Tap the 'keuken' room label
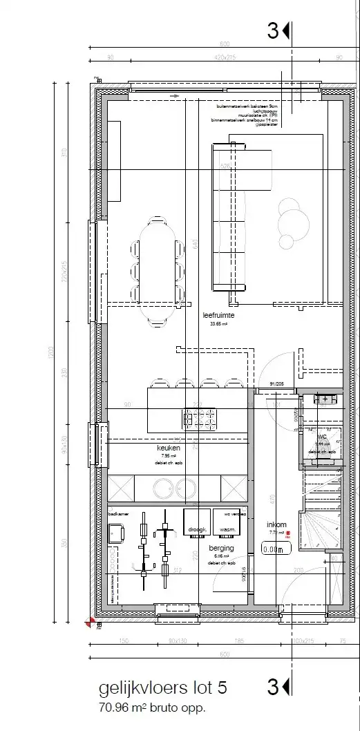pos(168,448)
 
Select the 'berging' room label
pos(223,548)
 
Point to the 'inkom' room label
pos(276,524)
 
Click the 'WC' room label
pos(321,437)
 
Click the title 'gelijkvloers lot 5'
pos(162,688)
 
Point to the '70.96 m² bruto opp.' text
pos(153,708)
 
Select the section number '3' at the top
pos(273,30)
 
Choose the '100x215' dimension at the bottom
pos(302,640)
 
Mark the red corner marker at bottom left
pos(90,623)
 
